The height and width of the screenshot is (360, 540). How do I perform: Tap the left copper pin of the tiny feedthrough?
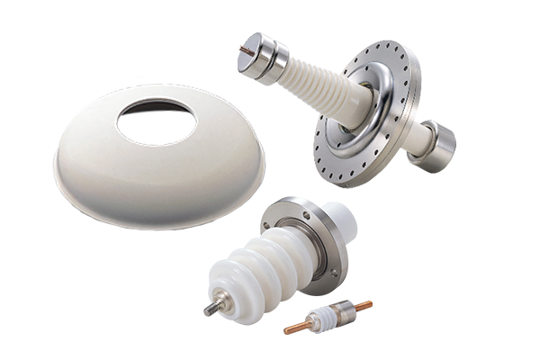pos(296,328)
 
